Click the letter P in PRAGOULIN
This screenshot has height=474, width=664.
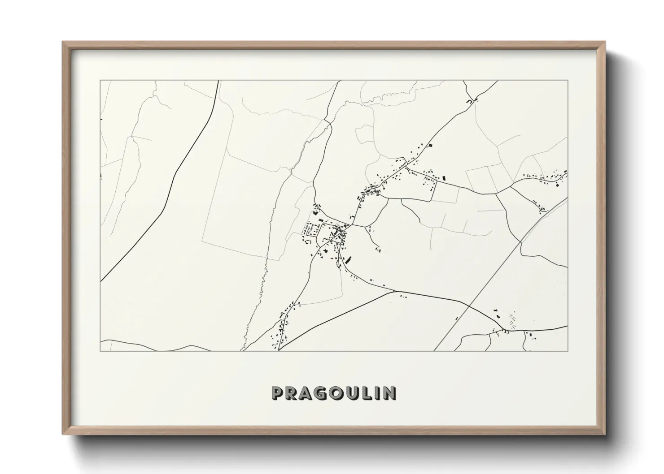point(277,393)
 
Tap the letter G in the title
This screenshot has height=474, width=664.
point(318,393)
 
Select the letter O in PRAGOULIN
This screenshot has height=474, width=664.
point(333,393)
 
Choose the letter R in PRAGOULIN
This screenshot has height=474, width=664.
point(290,393)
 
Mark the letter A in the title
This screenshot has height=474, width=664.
point(304,393)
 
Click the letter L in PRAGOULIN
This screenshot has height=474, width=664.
point(363,393)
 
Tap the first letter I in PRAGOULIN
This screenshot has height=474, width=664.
point(375,393)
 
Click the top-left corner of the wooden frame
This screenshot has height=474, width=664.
point(63,42)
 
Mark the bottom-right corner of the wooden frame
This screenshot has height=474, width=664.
point(605,434)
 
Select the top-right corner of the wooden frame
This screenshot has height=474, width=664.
point(605,42)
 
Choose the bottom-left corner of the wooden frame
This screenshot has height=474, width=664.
point(63,434)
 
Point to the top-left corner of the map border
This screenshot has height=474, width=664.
point(100,81)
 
